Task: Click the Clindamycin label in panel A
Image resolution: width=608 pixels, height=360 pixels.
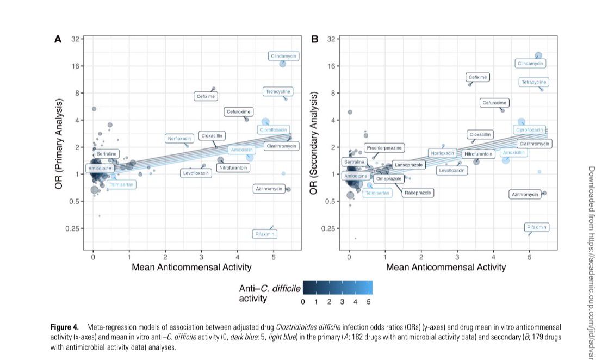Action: point(284,56)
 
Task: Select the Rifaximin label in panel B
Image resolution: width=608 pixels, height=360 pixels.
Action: point(537,227)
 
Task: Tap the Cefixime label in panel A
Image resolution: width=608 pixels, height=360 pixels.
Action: point(206,96)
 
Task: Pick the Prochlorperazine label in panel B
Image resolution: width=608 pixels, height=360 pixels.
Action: point(384,148)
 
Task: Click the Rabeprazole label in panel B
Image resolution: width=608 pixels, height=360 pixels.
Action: point(418,193)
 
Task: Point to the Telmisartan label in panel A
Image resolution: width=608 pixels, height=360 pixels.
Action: point(121,185)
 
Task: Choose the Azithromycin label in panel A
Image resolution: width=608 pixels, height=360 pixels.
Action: point(269,189)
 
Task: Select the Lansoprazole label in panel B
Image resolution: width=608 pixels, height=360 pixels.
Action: point(408,165)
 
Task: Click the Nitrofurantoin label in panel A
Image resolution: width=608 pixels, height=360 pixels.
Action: point(233,168)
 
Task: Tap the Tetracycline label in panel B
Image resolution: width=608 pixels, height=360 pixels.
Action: point(533,83)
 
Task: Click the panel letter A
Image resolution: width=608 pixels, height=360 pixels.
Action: point(57,39)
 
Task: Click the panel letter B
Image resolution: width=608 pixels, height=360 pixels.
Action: point(314,39)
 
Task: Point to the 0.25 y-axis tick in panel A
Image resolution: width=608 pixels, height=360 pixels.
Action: point(72,228)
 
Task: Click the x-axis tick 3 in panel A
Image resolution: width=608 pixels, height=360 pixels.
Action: point(201,257)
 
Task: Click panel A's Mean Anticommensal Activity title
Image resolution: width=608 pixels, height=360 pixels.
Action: point(191,267)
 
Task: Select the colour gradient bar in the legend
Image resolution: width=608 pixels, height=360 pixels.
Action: point(337,287)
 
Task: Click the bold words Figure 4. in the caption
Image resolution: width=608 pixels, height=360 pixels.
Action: point(66,327)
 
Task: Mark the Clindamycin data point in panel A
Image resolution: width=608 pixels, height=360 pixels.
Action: point(282,64)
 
